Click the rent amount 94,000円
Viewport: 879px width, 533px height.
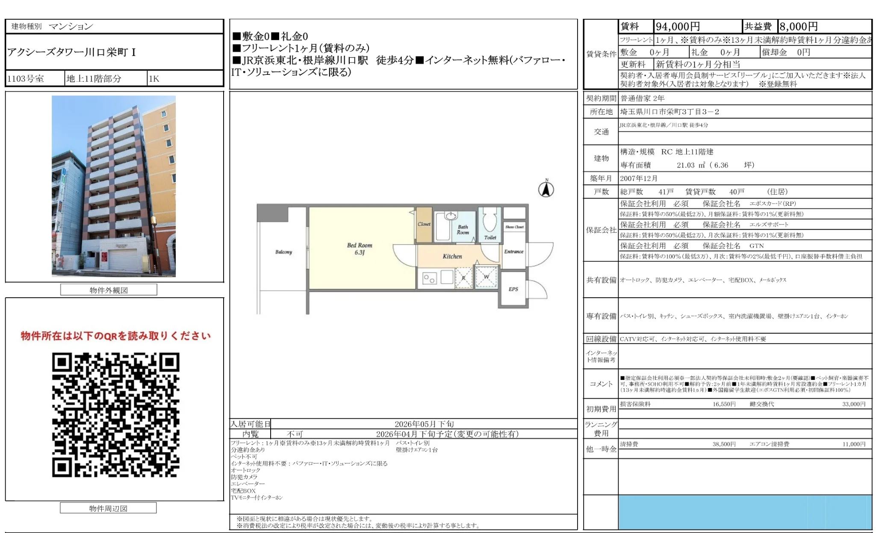678,27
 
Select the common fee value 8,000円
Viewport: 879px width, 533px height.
798,27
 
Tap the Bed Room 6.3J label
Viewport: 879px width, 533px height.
359,249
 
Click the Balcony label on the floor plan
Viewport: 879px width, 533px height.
283,252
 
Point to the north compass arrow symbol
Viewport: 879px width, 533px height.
546,189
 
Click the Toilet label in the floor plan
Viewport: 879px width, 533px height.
490,237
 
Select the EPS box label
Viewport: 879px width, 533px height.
513,289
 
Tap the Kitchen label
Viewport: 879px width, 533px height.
452,256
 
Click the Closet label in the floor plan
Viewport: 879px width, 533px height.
424,224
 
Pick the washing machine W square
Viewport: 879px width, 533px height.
486,277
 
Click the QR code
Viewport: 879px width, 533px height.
115,415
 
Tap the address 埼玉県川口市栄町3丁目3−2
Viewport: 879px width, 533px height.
670,112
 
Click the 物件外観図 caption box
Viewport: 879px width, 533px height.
109,290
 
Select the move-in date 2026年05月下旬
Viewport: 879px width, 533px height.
424,424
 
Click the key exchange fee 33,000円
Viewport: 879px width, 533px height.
853,404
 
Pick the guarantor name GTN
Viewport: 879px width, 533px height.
756,246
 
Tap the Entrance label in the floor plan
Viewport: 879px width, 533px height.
513,252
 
